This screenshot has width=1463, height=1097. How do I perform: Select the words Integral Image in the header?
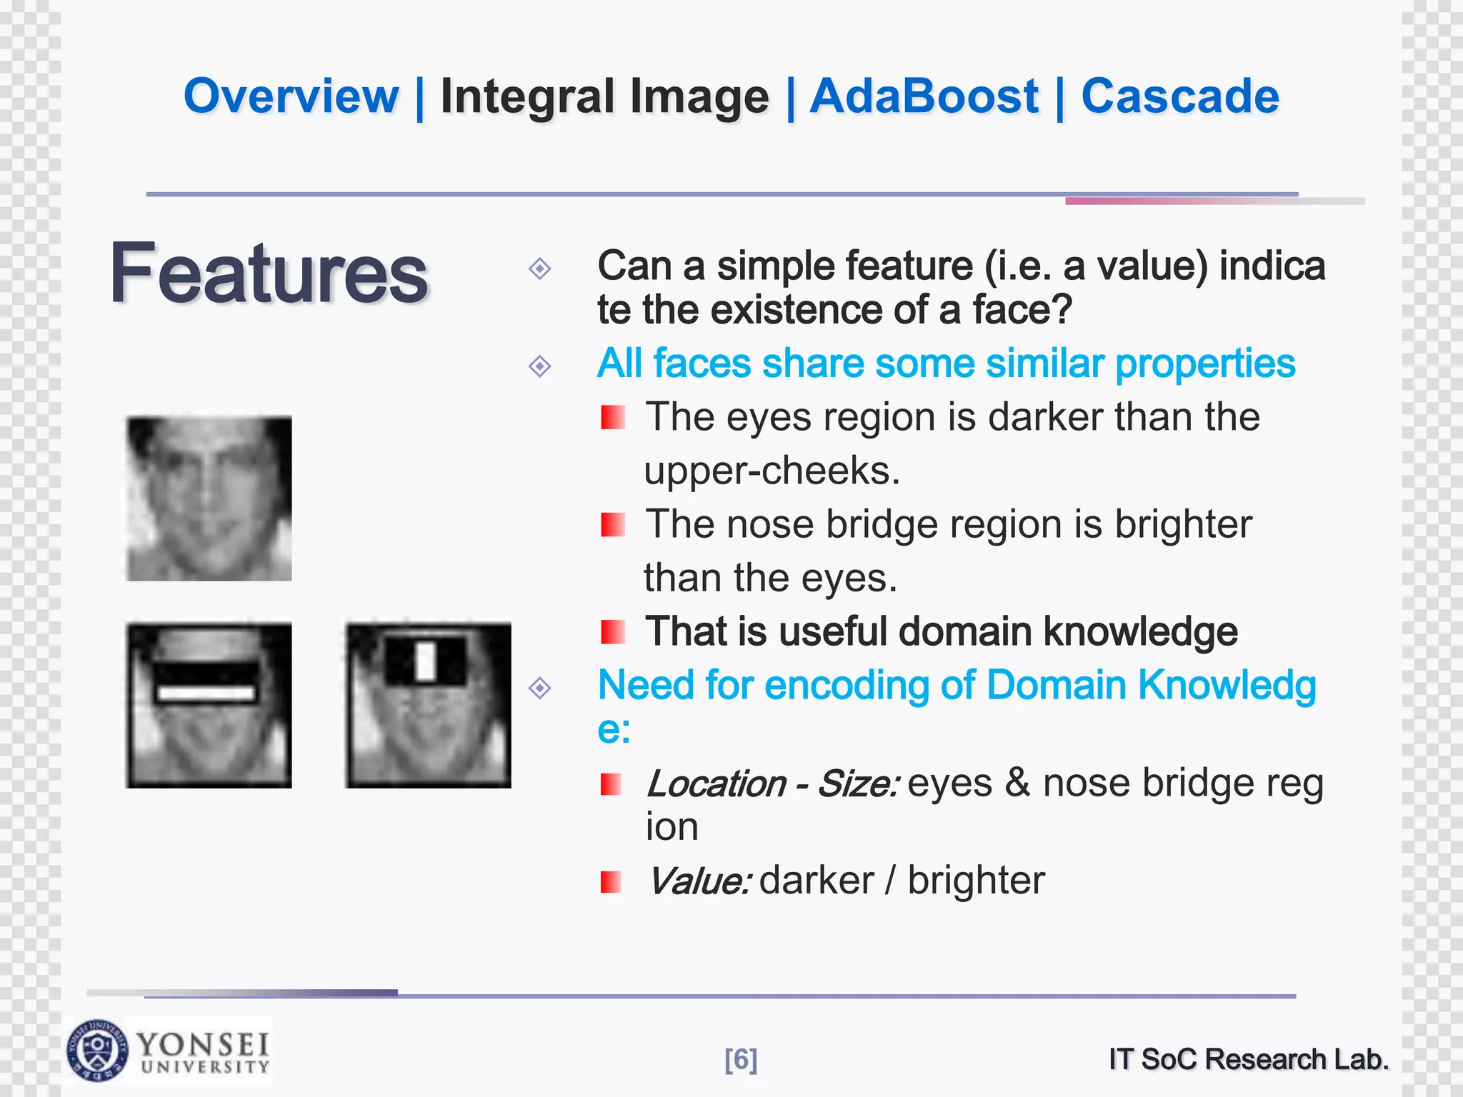tap(604, 97)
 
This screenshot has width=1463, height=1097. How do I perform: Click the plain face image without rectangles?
tap(209, 498)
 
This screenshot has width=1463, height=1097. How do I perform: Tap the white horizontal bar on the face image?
tap(206, 693)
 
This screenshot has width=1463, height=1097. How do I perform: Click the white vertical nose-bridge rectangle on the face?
tap(426, 661)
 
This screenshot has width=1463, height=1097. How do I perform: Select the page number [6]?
tap(741, 1059)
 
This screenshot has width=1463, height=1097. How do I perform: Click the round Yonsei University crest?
tap(97, 1050)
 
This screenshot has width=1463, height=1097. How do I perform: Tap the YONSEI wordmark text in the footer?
tap(204, 1045)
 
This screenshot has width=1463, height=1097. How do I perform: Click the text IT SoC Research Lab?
tap(1248, 1059)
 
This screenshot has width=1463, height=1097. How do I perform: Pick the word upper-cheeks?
tap(772, 471)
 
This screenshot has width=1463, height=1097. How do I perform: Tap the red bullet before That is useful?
tap(612, 631)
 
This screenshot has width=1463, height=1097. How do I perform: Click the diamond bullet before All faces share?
tap(539, 366)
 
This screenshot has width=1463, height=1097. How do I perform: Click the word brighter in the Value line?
tap(976, 881)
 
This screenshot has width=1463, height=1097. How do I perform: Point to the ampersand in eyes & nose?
tap(1017, 783)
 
